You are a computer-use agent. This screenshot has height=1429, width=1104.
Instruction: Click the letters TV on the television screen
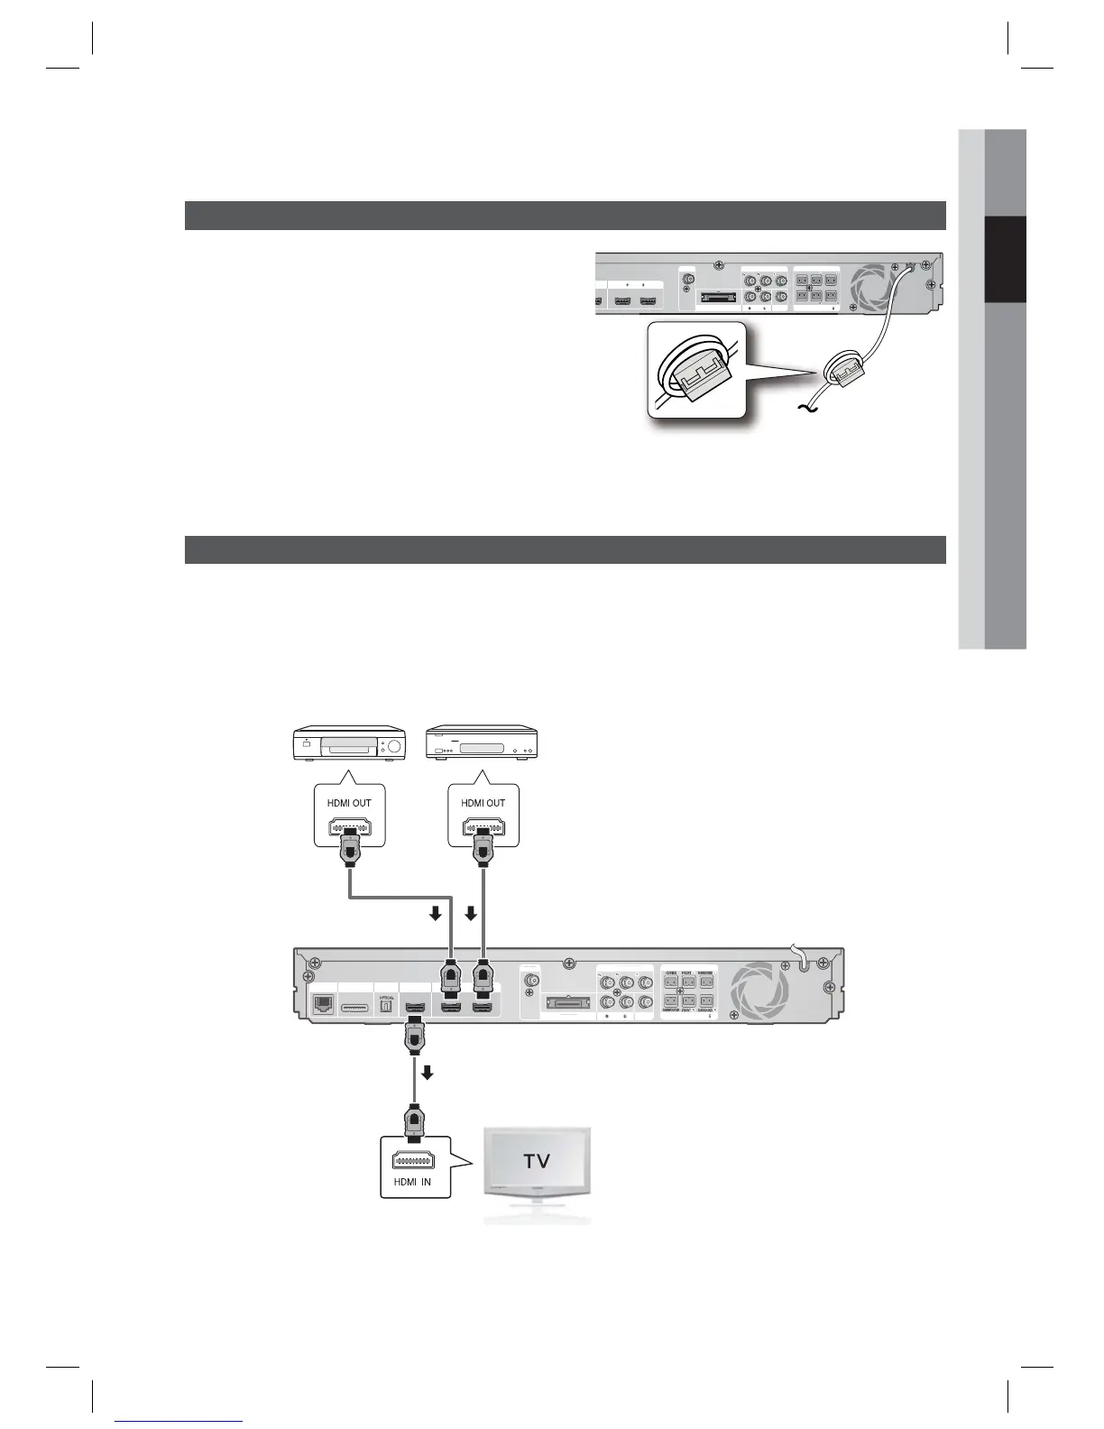point(537,1160)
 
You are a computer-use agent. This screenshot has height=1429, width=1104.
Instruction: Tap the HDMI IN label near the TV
point(414,1182)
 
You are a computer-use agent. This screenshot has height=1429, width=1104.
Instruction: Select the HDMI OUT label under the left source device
point(349,803)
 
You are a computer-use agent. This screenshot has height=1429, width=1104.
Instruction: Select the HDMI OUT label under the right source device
point(483,803)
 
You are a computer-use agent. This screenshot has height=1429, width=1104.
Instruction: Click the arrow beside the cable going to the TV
point(428,1073)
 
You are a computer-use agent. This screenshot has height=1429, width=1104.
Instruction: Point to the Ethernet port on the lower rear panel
point(322,1004)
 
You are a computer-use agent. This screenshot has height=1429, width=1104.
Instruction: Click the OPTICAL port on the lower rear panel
point(385,1006)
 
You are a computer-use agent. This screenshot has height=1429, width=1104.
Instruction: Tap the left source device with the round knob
point(349,746)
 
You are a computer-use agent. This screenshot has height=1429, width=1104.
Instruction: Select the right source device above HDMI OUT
point(483,744)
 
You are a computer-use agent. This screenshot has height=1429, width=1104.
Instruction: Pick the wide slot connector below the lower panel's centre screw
point(566,1002)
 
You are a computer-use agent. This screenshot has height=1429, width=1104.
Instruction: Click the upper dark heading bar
point(565,216)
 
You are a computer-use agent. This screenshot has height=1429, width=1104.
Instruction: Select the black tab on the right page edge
point(1005,260)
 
